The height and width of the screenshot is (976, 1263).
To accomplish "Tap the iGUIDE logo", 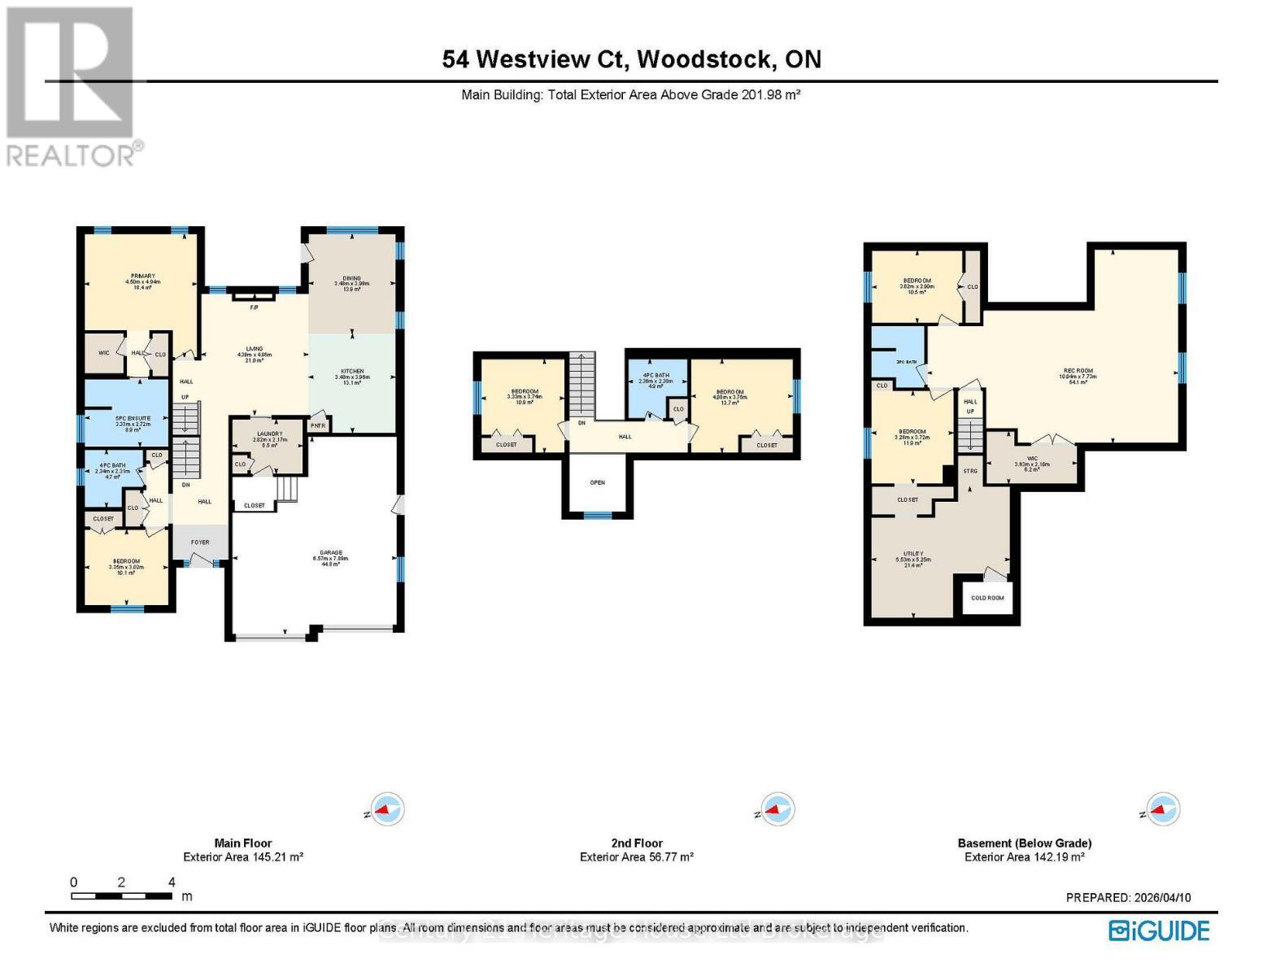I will pos(1159,930).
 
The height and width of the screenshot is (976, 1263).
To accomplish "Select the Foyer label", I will pos(199,542).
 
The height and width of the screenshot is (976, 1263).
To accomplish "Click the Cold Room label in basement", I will pos(987,598).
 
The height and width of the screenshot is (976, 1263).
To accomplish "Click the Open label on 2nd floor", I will pos(597,482).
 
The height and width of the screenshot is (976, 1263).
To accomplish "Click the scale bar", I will pos(121,896).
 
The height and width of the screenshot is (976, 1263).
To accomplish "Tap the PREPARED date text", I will pos(1128,898).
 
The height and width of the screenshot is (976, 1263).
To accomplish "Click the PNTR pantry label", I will pos(318,425).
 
